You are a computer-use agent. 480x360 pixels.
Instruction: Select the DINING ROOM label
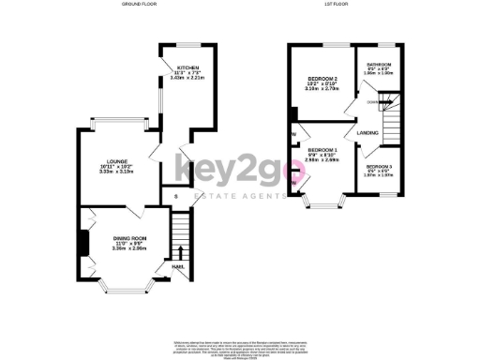[x=128, y=238]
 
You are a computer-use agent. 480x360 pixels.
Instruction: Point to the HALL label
[x=177, y=266]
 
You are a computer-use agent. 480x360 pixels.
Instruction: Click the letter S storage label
[x=175, y=196]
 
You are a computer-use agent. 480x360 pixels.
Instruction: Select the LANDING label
[x=367, y=133]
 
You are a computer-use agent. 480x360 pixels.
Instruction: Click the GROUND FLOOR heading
[x=139, y=5]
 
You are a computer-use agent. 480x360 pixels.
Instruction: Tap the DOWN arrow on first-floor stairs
[x=373, y=102]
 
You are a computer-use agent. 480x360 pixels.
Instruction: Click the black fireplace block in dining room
[x=82, y=242]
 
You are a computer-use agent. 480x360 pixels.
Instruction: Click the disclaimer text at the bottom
[x=240, y=346]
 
